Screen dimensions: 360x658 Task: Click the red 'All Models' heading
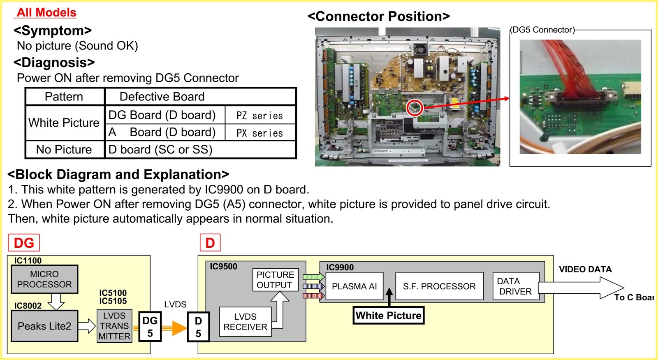pyautogui.click(x=46, y=12)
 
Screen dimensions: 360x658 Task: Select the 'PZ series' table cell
pyautogui.click(x=259, y=116)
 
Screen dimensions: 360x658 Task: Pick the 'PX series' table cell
pyautogui.click(x=259, y=133)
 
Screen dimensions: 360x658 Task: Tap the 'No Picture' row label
pyautogui.click(x=64, y=149)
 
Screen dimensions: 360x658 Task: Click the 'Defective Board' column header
pyautogui.click(x=162, y=96)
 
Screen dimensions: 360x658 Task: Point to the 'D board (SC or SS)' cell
pyautogui.click(x=160, y=149)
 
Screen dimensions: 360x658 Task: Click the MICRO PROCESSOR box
pyautogui.click(x=44, y=279)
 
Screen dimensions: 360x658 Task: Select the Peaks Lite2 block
pyautogui.click(x=44, y=326)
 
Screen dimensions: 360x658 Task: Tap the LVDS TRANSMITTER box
pyautogui.click(x=114, y=326)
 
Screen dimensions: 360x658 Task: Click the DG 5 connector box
pyautogui.click(x=150, y=327)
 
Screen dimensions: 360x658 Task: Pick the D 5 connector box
pyautogui.click(x=198, y=327)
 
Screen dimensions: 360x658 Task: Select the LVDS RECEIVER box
pyautogui.click(x=245, y=322)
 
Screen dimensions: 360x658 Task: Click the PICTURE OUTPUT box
pyautogui.click(x=275, y=280)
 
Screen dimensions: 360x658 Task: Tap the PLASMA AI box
pyautogui.click(x=354, y=286)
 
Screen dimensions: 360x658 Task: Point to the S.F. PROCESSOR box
pyautogui.click(x=439, y=286)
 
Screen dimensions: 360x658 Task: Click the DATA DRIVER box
pyautogui.click(x=515, y=286)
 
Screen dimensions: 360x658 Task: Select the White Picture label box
pyautogui.click(x=388, y=316)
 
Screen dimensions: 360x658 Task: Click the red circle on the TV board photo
pyautogui.click(x=415, y=108)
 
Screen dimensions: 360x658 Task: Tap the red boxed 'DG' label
pyautogui.click(x=24, y=243)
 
